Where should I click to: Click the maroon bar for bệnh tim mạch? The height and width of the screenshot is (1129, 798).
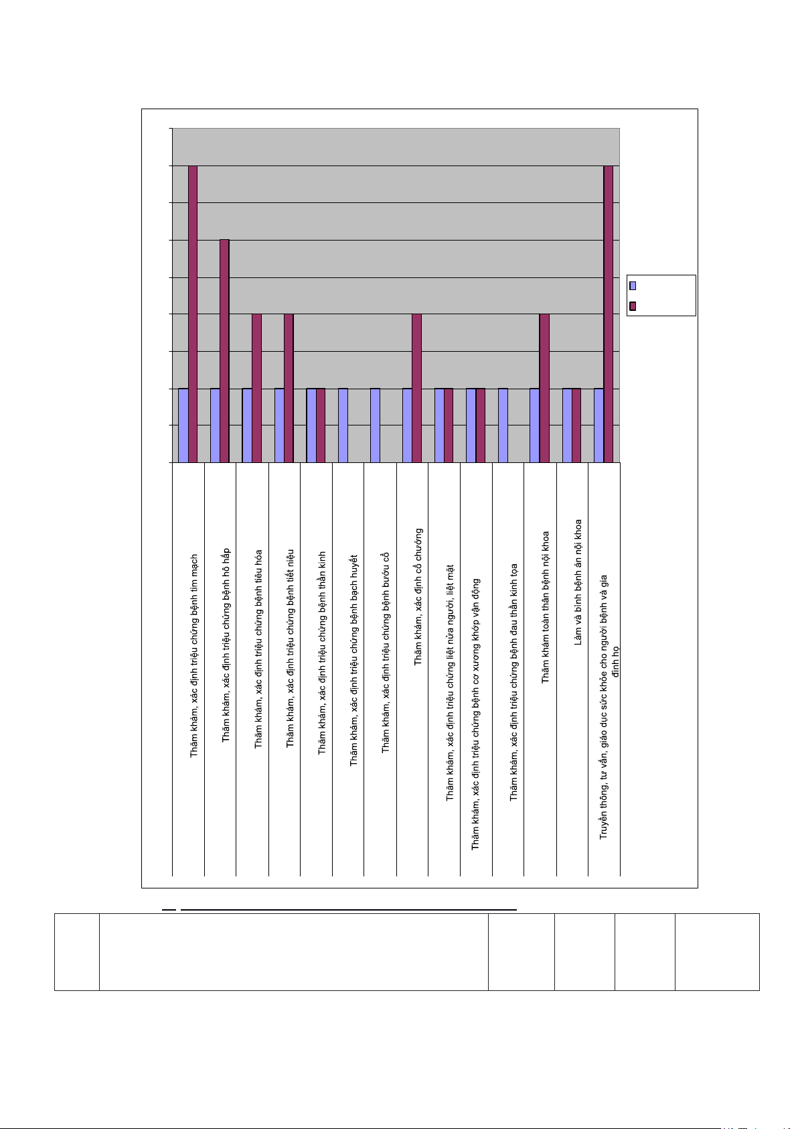(x=193, y=314)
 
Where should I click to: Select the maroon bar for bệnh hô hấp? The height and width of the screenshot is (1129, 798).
(x=225, y=350)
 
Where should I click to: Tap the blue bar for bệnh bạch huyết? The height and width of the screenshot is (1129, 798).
(x=343, y=425)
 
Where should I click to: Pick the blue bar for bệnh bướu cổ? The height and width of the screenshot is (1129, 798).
(x=375, y=425)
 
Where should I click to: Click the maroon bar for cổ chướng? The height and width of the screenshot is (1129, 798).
(x=416, y=388)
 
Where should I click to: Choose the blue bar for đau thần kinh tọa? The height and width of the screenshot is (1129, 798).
(x=503, y=425)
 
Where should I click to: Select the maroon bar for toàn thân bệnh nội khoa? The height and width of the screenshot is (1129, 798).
(x=544, y=388)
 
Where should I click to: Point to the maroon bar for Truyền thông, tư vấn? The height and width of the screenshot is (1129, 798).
(x=609, y=314)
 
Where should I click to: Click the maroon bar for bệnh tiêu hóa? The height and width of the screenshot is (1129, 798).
(x=257, y=388)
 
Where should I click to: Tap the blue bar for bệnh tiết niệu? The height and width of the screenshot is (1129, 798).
(x=279, y=425)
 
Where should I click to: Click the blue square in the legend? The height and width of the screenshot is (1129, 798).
(x=633, y=285)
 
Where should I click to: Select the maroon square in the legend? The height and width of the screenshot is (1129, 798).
(x=633, y=306)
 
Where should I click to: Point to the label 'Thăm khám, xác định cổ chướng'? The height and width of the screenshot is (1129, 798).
(x=418, y=596)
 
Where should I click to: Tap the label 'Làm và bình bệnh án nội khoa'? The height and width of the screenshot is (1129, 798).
(x=578, y=582)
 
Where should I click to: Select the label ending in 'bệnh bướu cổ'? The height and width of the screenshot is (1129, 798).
(x=386, y=653)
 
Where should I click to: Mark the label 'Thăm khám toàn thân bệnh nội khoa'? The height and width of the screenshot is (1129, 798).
(x=546, y=607)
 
